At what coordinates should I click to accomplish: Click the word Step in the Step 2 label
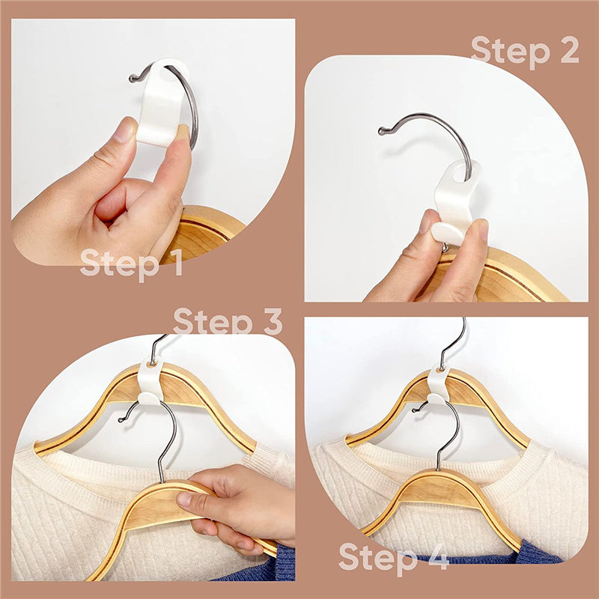511,52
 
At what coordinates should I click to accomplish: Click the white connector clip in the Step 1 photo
162,103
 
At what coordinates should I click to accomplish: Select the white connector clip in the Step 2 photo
454,202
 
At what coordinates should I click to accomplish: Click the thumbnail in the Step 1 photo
124,130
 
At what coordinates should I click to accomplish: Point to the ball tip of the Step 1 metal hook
133,79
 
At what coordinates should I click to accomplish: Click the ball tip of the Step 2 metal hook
382,132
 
